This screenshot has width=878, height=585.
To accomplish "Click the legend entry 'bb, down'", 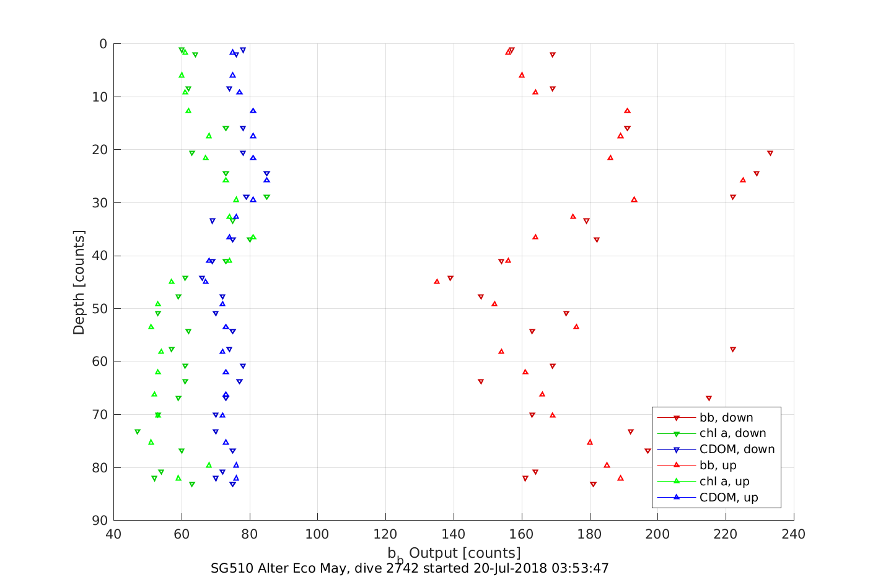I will point(726,418).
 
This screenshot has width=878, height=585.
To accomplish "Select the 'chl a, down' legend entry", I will point(732,434).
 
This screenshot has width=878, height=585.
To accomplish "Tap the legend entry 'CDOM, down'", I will point(737,449).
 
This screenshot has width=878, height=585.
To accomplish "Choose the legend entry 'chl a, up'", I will point(724,482).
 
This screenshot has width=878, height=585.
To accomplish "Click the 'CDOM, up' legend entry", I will point(729,498).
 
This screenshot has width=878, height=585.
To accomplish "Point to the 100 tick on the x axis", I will point(317,534).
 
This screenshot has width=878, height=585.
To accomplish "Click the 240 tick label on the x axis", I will point(794,534).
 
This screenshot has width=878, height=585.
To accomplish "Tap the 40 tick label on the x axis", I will point(113,534).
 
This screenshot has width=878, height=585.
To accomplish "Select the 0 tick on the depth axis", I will point(103,44).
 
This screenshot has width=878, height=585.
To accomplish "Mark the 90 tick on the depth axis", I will point(99,521).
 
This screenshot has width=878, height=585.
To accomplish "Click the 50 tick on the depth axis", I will point(99,309).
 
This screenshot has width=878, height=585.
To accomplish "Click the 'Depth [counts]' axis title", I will point(79,282).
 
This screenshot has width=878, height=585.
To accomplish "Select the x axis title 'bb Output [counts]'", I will point(454,553).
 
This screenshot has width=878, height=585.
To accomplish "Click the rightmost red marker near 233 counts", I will point(770,153).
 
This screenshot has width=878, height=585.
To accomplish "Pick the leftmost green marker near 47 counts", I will point(138,431).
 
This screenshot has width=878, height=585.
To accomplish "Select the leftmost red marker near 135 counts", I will point(437,281).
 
